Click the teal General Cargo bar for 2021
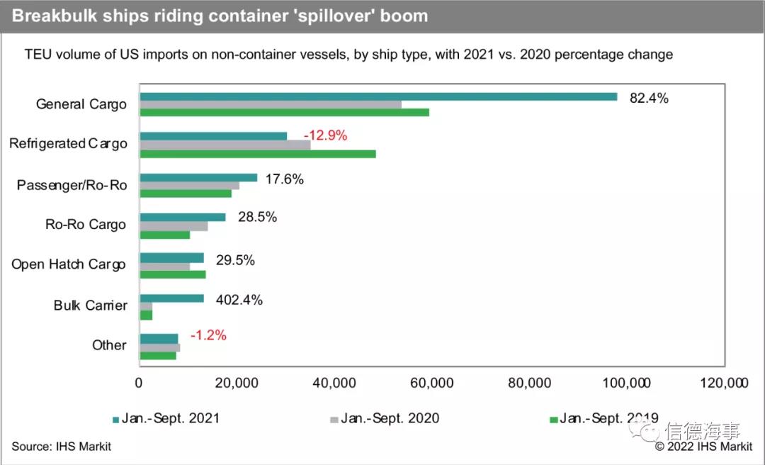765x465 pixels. coord(378,96)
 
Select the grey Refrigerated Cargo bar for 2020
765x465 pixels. coord(225,145)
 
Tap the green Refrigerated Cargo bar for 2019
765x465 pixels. coord(257,154)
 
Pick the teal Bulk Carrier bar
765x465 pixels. coord(171,298)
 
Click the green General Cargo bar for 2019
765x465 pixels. coord(284,112)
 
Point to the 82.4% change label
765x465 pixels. coord(649,99)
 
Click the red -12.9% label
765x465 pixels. coord(325,135)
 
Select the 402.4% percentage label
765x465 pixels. coord(239,300)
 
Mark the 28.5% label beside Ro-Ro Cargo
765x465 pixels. coord(257,217)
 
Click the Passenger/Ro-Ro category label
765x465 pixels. coord(72,185)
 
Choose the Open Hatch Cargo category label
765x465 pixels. coord(69,264)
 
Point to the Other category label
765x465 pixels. coord(109,345)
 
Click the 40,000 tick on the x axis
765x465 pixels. coord(334,383)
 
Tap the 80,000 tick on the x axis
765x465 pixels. coord(529,383)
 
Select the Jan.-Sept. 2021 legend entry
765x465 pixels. coord(170,418)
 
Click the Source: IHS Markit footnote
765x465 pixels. coord(61,447)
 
